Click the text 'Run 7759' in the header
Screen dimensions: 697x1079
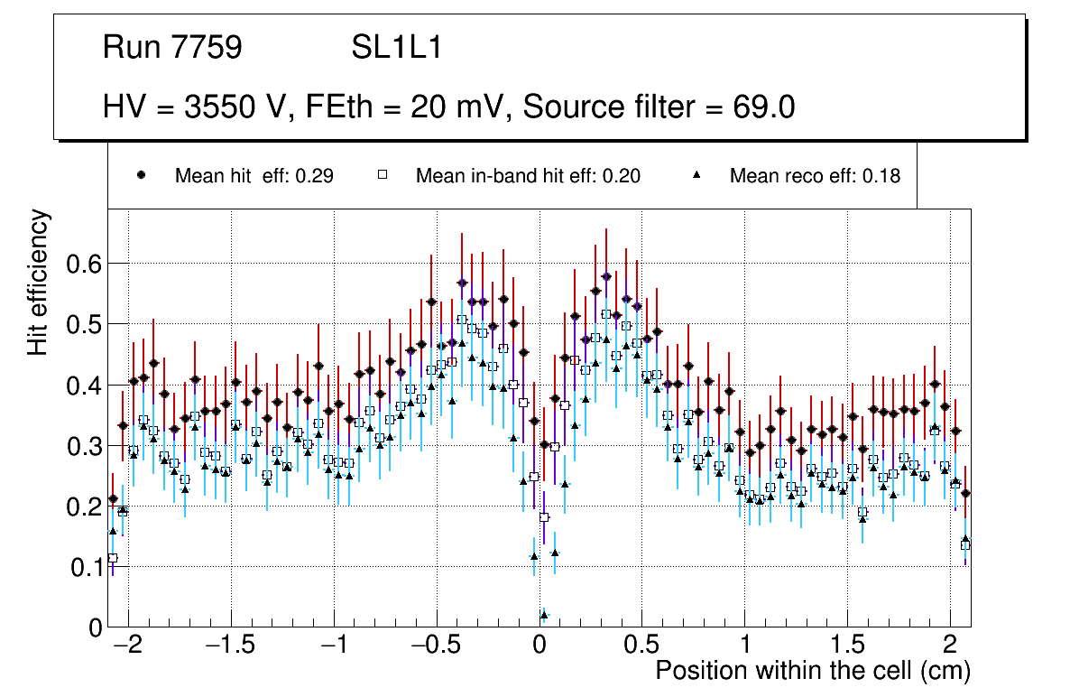[x=172, y=48]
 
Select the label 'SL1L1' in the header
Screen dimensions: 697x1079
[x=396, y=48]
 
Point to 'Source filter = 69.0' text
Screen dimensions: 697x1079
[x=659, y=107]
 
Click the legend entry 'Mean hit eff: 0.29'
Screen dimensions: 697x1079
[x=254, y=176]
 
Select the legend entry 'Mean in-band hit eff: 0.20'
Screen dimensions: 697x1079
[x=528, y=176]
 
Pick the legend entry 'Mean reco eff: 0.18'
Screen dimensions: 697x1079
[x=815, y=176]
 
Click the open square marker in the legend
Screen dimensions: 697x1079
[x=382, y=176]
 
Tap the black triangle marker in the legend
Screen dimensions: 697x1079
[x=696, y=176]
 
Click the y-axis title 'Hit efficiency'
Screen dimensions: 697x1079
[x=39, y=282]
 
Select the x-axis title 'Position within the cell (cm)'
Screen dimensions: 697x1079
[x=812, y=671]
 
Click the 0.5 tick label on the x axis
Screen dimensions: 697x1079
[x=641, y=646]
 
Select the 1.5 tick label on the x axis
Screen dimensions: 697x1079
[x=847, y=646]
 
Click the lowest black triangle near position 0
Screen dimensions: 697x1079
[x=543, y=615]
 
